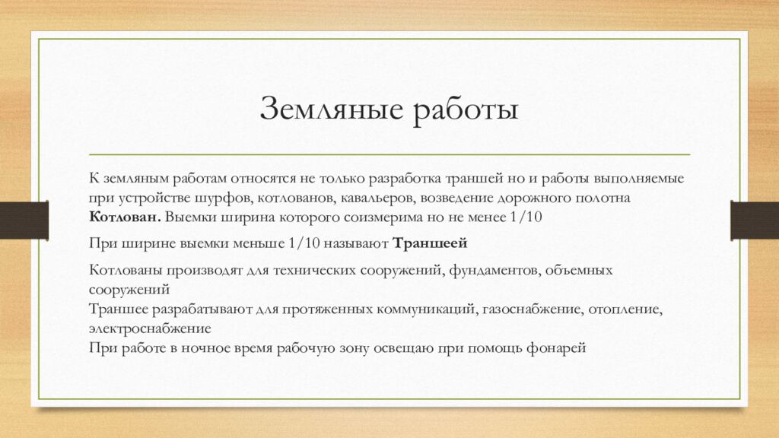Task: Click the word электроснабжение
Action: [149, 329]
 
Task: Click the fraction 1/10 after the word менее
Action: [523, 216]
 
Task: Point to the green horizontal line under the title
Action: [389, 154]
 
